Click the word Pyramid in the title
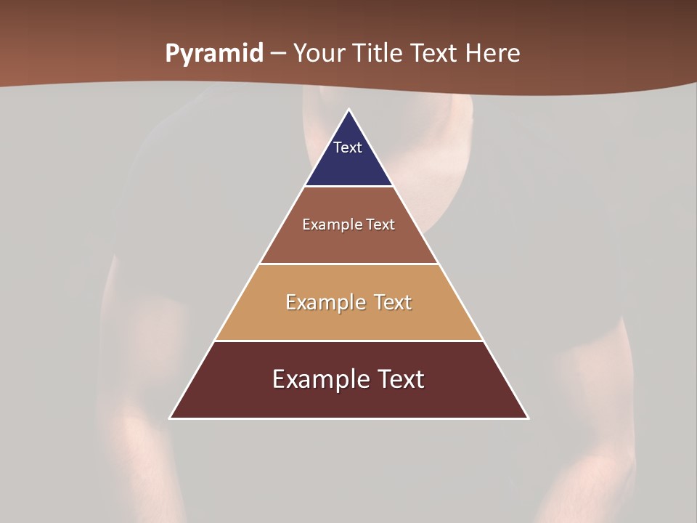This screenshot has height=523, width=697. pyautogui.click(x=213, y=54)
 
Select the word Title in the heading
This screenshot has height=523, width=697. pyautogui.click(x=376, y=54)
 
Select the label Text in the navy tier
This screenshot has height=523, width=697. pyautogui.click(x=348, y=147)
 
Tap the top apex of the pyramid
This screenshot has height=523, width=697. pyautogui.click(x=349, y=110)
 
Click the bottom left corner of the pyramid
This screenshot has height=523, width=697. pyautogui.click(x=171, y=418)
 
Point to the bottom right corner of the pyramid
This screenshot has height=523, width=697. pyautogui.click(x=527, y=418)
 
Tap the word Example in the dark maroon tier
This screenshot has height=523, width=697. pyautogui.click(x=316, y=379)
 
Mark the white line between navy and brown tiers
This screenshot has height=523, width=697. pyautogui.click(x=348, y=187)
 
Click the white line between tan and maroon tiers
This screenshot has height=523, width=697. pyautogui.click(x=348, y=341)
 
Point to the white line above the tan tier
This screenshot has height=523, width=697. pyautogui.click(x=348, y=264)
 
